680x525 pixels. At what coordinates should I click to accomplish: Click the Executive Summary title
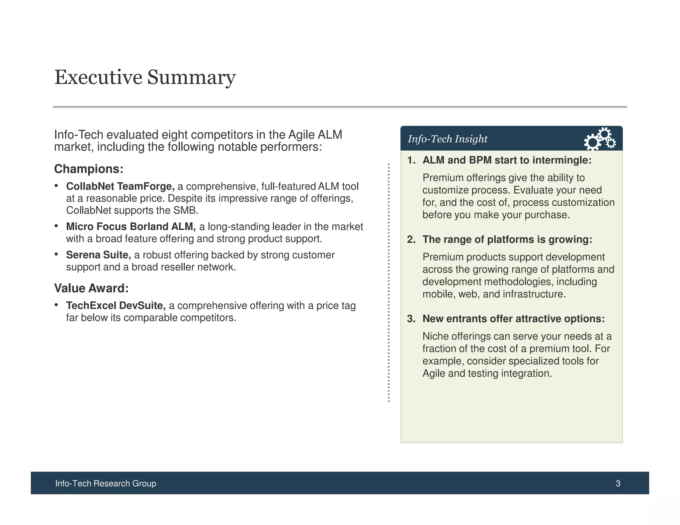tap(145, 77)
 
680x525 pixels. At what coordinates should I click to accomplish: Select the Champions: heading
tap(89, 169)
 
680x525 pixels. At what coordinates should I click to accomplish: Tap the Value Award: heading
tap(91, 288)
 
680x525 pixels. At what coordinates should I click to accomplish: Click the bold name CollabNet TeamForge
tap(120, 187)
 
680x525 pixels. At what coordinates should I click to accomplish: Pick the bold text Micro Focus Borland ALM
tap(131, 227)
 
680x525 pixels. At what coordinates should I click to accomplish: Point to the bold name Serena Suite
tap(98, 255)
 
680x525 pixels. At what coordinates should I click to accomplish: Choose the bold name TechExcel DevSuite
tap(116, 306)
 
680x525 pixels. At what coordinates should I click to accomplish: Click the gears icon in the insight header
tap(599, 139)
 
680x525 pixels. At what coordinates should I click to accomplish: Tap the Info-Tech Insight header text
tap(447, 139)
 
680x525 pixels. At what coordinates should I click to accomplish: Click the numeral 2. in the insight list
tap(411, 240)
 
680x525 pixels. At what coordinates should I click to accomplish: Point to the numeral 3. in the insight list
tap(411, 319)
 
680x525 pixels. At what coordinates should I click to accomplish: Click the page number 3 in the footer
tap(618, 484)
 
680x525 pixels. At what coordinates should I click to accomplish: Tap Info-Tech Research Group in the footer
tap(106, 484)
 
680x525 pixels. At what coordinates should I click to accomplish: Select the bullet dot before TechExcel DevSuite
tap(57, 305)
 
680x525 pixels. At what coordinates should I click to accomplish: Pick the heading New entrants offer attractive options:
tap(513, 319)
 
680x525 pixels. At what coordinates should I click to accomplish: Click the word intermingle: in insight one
tap(562, 160)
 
